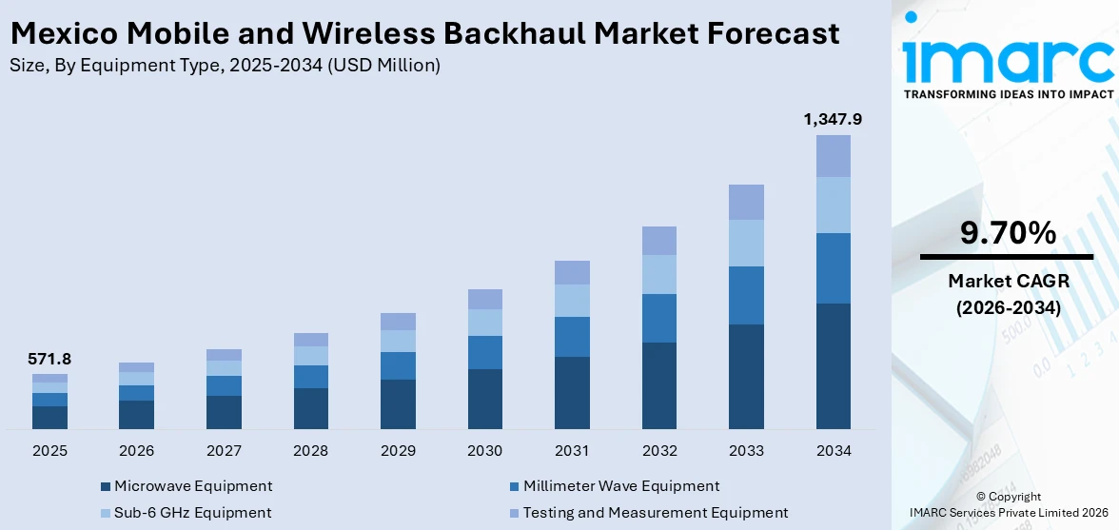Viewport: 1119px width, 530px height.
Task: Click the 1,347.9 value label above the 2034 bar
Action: coord(833,120)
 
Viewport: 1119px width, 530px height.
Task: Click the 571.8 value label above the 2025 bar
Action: coord(49,360)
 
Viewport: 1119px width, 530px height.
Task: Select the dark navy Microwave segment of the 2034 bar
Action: coord(833,366)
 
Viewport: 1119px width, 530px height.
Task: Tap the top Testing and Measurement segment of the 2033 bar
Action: coord(746,202)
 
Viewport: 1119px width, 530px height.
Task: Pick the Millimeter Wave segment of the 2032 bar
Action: coord(659,318)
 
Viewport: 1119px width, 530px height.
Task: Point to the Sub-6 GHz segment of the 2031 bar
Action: coord(572,301)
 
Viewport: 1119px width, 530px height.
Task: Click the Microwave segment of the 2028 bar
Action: coord(311,408)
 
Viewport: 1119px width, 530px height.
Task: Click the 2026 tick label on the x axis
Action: coord(137,450)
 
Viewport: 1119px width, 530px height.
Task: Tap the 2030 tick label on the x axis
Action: coord(485,450)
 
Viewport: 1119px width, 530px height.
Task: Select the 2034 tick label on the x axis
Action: coord(833,450)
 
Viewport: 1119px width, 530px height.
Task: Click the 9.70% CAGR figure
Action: coord(1007,233)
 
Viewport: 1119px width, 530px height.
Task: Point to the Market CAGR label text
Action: coord(1007,281)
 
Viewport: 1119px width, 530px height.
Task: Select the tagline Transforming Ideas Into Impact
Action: coord(1007,94)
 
